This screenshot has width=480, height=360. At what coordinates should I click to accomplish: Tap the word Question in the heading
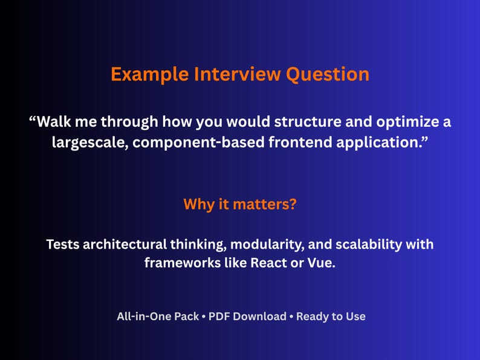click(328, 74)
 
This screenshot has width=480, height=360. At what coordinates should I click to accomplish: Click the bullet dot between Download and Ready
click(291, 317)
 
